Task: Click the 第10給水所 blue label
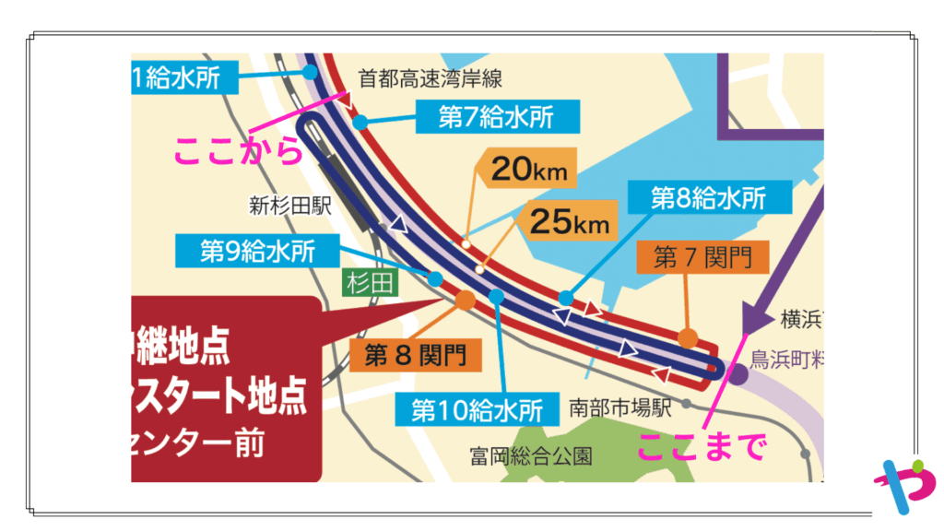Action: click(477, 408)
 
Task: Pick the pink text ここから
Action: click(238, 149)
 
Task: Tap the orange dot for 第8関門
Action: click(465, 300)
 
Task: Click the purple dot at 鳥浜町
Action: click(738, 373)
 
